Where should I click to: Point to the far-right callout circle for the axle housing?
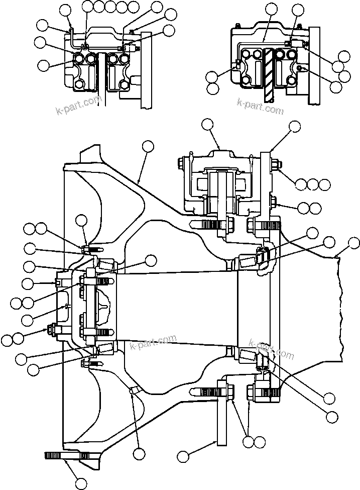353,244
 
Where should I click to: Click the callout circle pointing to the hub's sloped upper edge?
148,146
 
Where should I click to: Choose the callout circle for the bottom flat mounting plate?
184,456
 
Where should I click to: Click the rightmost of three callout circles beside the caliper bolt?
324,184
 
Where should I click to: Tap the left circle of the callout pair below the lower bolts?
248,442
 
